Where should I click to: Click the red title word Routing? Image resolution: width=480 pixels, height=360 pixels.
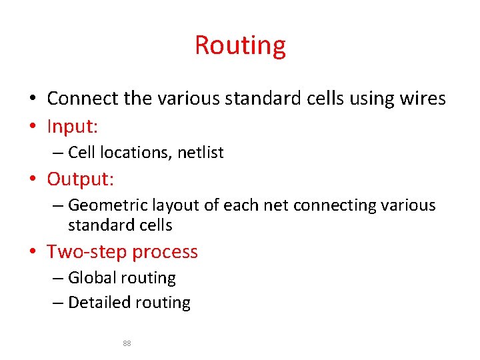click(240, 45)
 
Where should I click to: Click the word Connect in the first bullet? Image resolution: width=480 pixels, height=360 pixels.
click(83, 99)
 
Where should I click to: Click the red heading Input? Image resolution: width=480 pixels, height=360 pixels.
click(73, 125)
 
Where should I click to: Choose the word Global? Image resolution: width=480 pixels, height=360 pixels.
click(91, 278)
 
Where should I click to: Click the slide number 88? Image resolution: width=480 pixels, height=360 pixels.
click(127, 343)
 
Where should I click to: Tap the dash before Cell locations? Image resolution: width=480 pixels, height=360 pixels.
click(58, 153)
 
